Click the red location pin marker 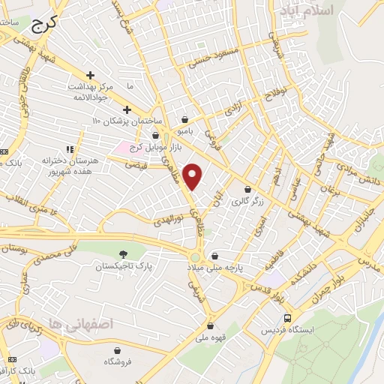tap(193, 175)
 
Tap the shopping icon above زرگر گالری tap(247, 189)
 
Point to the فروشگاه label tap(117, 361)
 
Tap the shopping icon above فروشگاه tap(117, 350)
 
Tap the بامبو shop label tap(186, 130)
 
